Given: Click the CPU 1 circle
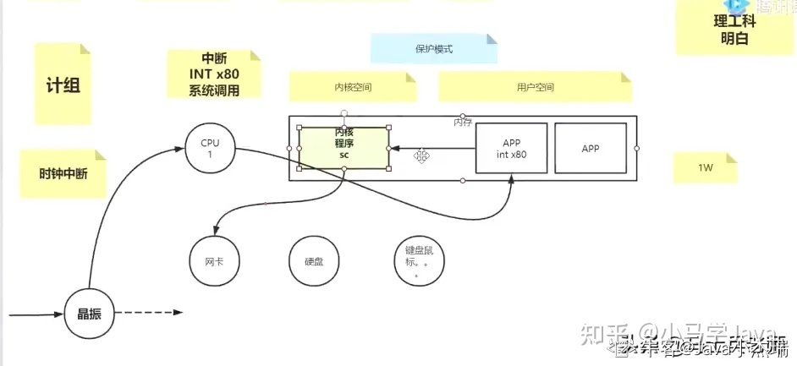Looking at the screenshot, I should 210,150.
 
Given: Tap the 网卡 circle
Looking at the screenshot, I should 214,261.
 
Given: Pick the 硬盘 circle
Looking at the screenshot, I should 313,261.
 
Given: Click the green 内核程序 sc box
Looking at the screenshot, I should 344,148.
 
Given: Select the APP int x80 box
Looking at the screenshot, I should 513,149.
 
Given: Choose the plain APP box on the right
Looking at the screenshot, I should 591,149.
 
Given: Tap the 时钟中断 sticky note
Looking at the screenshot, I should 63,173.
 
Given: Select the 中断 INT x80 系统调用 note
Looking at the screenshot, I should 214,74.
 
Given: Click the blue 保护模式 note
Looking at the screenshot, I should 433,49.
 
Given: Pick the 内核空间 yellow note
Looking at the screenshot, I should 353,87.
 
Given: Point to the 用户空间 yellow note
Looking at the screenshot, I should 534,87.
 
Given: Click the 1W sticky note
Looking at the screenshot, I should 705,167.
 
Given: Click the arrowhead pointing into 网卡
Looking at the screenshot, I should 219,232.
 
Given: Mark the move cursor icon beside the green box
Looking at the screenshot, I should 420,156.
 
